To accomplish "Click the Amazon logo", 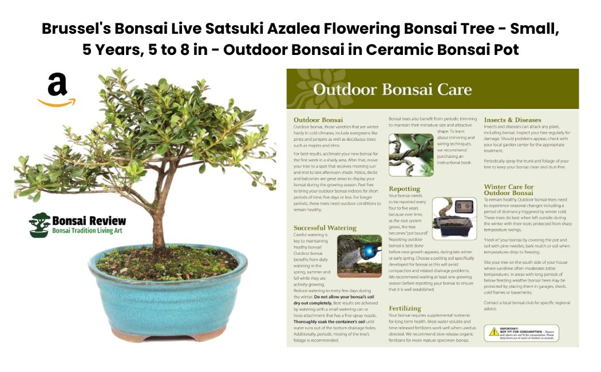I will (57, 90).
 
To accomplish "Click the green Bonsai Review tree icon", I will (39, 224).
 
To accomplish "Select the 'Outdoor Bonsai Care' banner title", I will (392, 89).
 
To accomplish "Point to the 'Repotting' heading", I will (404, 188).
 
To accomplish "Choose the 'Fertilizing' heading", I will (405, 308).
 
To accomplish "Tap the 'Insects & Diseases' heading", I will (512, 120).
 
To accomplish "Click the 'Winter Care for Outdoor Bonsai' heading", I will (509, 189).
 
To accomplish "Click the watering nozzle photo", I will (359, 256).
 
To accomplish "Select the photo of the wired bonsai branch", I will (410, 155).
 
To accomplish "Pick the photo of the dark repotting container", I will (454, 219).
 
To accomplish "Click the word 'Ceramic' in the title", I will (398, 49).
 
